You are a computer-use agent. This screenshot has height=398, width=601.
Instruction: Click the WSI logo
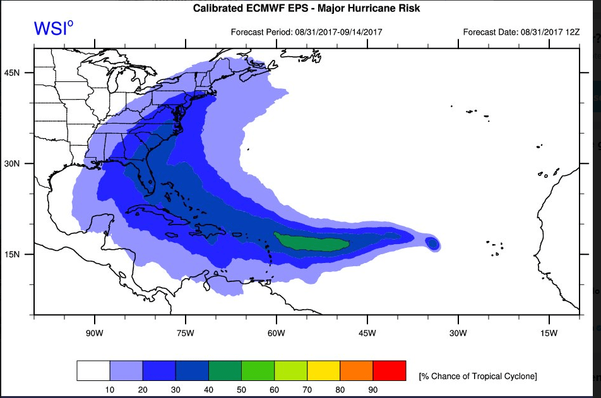[53, 28]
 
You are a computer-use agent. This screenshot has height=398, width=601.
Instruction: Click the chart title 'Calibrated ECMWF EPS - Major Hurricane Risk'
[306, 8]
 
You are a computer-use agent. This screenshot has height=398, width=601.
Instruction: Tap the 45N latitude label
[12, 73]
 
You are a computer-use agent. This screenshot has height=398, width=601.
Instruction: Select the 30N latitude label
[12, 163]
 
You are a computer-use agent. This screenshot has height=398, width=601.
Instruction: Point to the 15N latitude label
[12, 254]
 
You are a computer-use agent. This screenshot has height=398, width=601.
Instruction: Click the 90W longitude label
[94, 333]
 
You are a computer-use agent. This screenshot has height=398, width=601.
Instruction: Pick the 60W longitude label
[277, 333]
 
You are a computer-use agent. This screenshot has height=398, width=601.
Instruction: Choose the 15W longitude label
[549, 333]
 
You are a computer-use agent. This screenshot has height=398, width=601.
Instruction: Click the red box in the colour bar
[390, 370]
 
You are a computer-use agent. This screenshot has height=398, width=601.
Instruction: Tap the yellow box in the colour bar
[324, 370]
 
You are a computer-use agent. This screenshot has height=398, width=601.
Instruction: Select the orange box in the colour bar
[357, 370]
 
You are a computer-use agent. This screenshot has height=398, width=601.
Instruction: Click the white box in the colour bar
[93, 370]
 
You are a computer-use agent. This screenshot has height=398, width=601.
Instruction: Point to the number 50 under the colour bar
[241, 390]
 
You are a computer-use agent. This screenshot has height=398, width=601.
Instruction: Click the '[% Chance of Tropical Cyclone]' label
[478, 376]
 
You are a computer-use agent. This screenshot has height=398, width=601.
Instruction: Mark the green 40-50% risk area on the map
[312, 242]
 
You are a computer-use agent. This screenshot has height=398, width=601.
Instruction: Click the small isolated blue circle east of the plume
[432, 243]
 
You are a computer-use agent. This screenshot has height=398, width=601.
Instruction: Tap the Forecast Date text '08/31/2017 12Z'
[550, 32]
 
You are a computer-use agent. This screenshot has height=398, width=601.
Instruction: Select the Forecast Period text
[307, 32]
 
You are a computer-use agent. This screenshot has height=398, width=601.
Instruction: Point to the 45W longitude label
[367, 333]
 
